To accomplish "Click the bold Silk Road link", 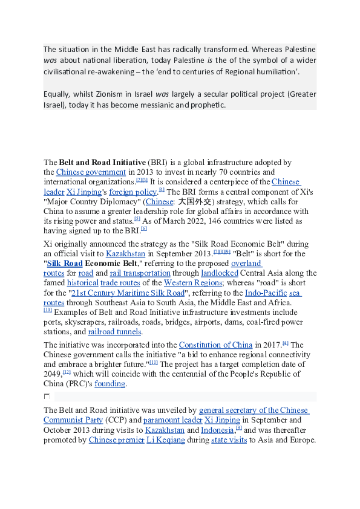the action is [65, 264].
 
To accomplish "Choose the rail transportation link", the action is [134, 273].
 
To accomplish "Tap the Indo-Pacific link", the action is [266, 293].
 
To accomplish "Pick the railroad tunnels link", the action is [115, 331].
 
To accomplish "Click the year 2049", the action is [53, 374].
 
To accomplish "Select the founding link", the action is [110, 384].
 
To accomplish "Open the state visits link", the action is [229, 439].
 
